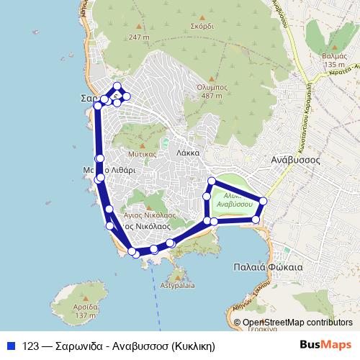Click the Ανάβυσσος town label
(294, 160)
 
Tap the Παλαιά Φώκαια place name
(268, 266)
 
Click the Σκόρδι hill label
(202, 24)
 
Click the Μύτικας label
(141, 153)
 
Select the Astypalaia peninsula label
(178, 285)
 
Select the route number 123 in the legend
(31, 345)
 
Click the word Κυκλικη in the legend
(189, 345)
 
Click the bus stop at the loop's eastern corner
(264, 201)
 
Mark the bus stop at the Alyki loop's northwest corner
(212, 181)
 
